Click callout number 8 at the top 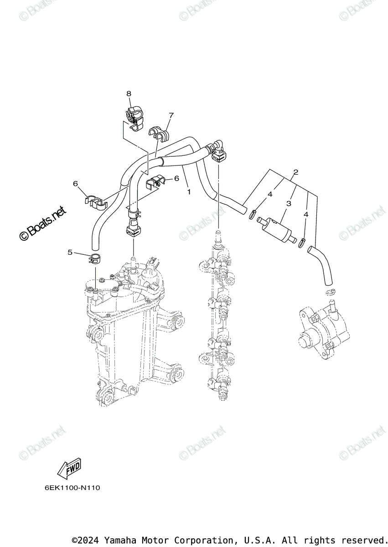pos(129,93)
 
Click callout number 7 pos(171,115)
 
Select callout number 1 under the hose pos(189,192)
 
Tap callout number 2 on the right pos(296,172)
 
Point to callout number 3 pos(289,204)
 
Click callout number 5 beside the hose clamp pos(70,252)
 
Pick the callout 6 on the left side pos(76,183)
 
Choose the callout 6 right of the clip pos(176,178)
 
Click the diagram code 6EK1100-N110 pos(72,488)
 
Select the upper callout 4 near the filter pos(270,194)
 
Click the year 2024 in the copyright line pos(89,540)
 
